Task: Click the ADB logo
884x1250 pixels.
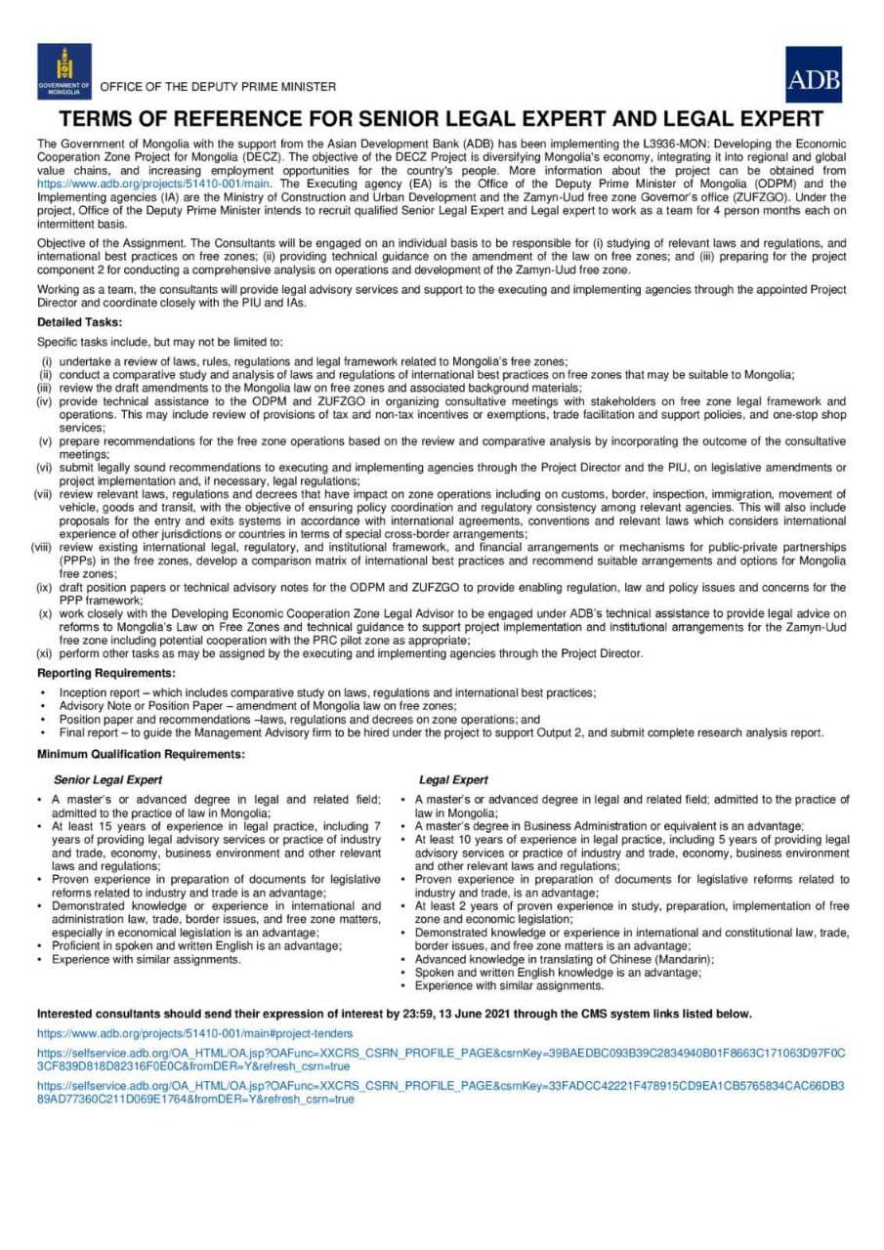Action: tap(813, 75)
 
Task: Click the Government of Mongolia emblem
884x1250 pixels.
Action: tap(64, 71)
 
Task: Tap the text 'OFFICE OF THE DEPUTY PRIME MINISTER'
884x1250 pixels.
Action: tap(218, 87)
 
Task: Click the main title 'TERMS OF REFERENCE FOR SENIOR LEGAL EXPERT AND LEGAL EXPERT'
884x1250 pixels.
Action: tap(442, 120)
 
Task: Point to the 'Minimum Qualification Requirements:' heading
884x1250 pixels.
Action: tap(141, 755)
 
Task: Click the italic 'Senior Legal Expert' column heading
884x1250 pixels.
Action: tap(107, 780)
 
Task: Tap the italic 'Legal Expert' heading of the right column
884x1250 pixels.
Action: tap(453, 780)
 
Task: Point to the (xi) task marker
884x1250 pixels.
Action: tap(45, 653)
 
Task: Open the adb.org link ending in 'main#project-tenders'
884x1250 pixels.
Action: tap(195, 1032)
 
